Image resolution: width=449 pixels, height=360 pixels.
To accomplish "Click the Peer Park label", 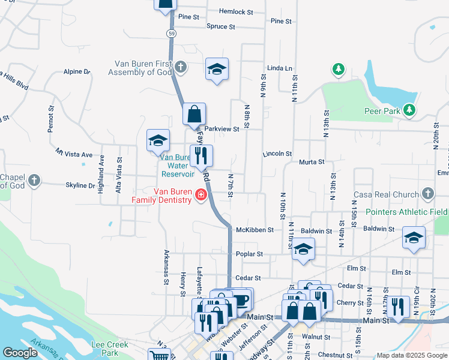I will tap(382, 110).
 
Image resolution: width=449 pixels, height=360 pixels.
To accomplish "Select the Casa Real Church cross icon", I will tap(427, 194).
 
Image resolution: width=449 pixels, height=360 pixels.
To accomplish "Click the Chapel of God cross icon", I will tap(35, 180).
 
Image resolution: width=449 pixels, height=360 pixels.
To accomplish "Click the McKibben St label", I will tap(255, 230).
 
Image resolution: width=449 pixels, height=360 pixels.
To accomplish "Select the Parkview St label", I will tap(221, 129).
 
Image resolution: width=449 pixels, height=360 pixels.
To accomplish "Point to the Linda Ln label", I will tap(280, 68).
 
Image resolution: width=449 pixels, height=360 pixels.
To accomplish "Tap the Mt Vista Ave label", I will tap(74, 154).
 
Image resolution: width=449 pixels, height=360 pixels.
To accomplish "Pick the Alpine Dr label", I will tap(76, 71).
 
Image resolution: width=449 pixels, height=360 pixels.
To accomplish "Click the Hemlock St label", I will tap(236, 11).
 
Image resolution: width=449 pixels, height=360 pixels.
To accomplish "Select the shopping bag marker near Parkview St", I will tap(194, 114).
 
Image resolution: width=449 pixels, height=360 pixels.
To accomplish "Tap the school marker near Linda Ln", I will tap(217, 69).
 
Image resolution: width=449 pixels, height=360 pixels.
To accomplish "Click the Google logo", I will tap(20, 353).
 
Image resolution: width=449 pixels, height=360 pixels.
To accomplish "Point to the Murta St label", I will tap(312, 162).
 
